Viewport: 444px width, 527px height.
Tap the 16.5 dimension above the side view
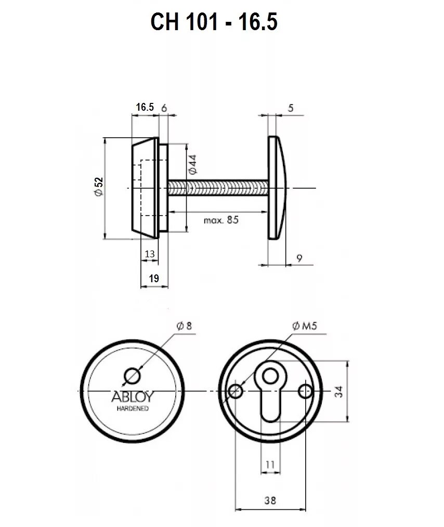[145, 107]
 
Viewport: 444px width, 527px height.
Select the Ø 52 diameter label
[99, 187]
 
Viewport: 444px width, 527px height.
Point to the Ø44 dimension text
[192, 164]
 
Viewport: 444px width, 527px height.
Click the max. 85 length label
[221, 220]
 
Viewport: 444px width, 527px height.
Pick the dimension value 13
[150, 253]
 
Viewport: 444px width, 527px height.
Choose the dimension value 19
[153, 279]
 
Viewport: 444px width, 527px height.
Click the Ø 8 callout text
[184, 326]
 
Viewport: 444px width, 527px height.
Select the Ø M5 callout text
[305, 326]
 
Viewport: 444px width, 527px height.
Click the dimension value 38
[270, 500]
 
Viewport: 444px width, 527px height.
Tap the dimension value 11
[270, 464]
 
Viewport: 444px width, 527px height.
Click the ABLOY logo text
[132, 398]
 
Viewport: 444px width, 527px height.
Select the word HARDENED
[132, 409]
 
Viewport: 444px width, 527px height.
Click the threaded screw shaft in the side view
[218, 187]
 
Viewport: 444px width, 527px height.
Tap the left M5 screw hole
[236, 391]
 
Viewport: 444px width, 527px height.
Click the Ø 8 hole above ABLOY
[132, 375]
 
